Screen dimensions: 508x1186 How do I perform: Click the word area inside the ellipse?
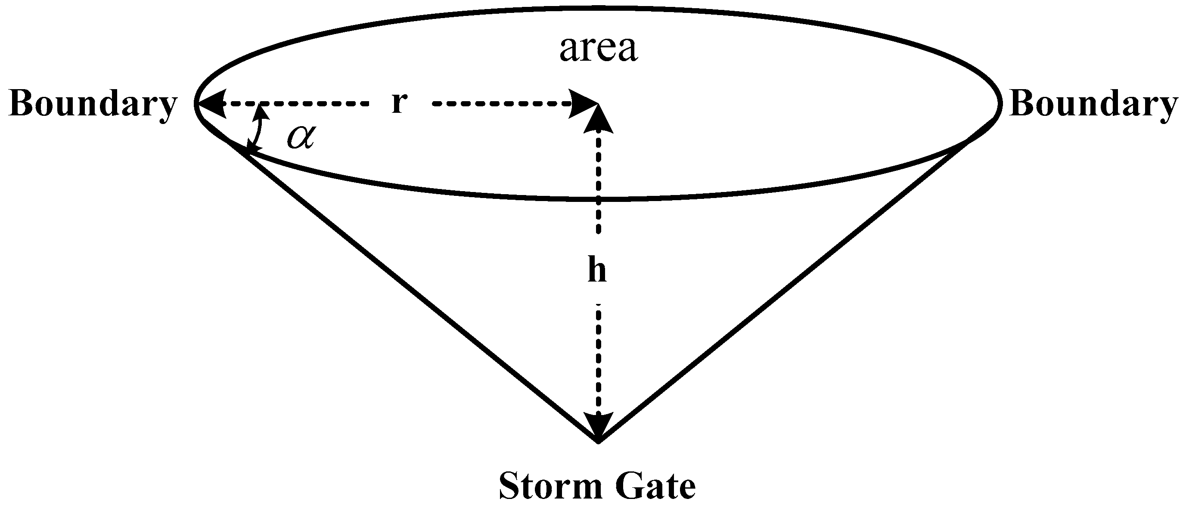598,49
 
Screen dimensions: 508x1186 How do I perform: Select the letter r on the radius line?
399,103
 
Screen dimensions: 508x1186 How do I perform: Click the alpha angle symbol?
301,136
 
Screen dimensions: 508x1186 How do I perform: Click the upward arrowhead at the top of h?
598,121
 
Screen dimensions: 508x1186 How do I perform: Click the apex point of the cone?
598,442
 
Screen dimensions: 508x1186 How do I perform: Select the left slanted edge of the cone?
414,294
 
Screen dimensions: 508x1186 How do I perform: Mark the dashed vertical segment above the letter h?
598,184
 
